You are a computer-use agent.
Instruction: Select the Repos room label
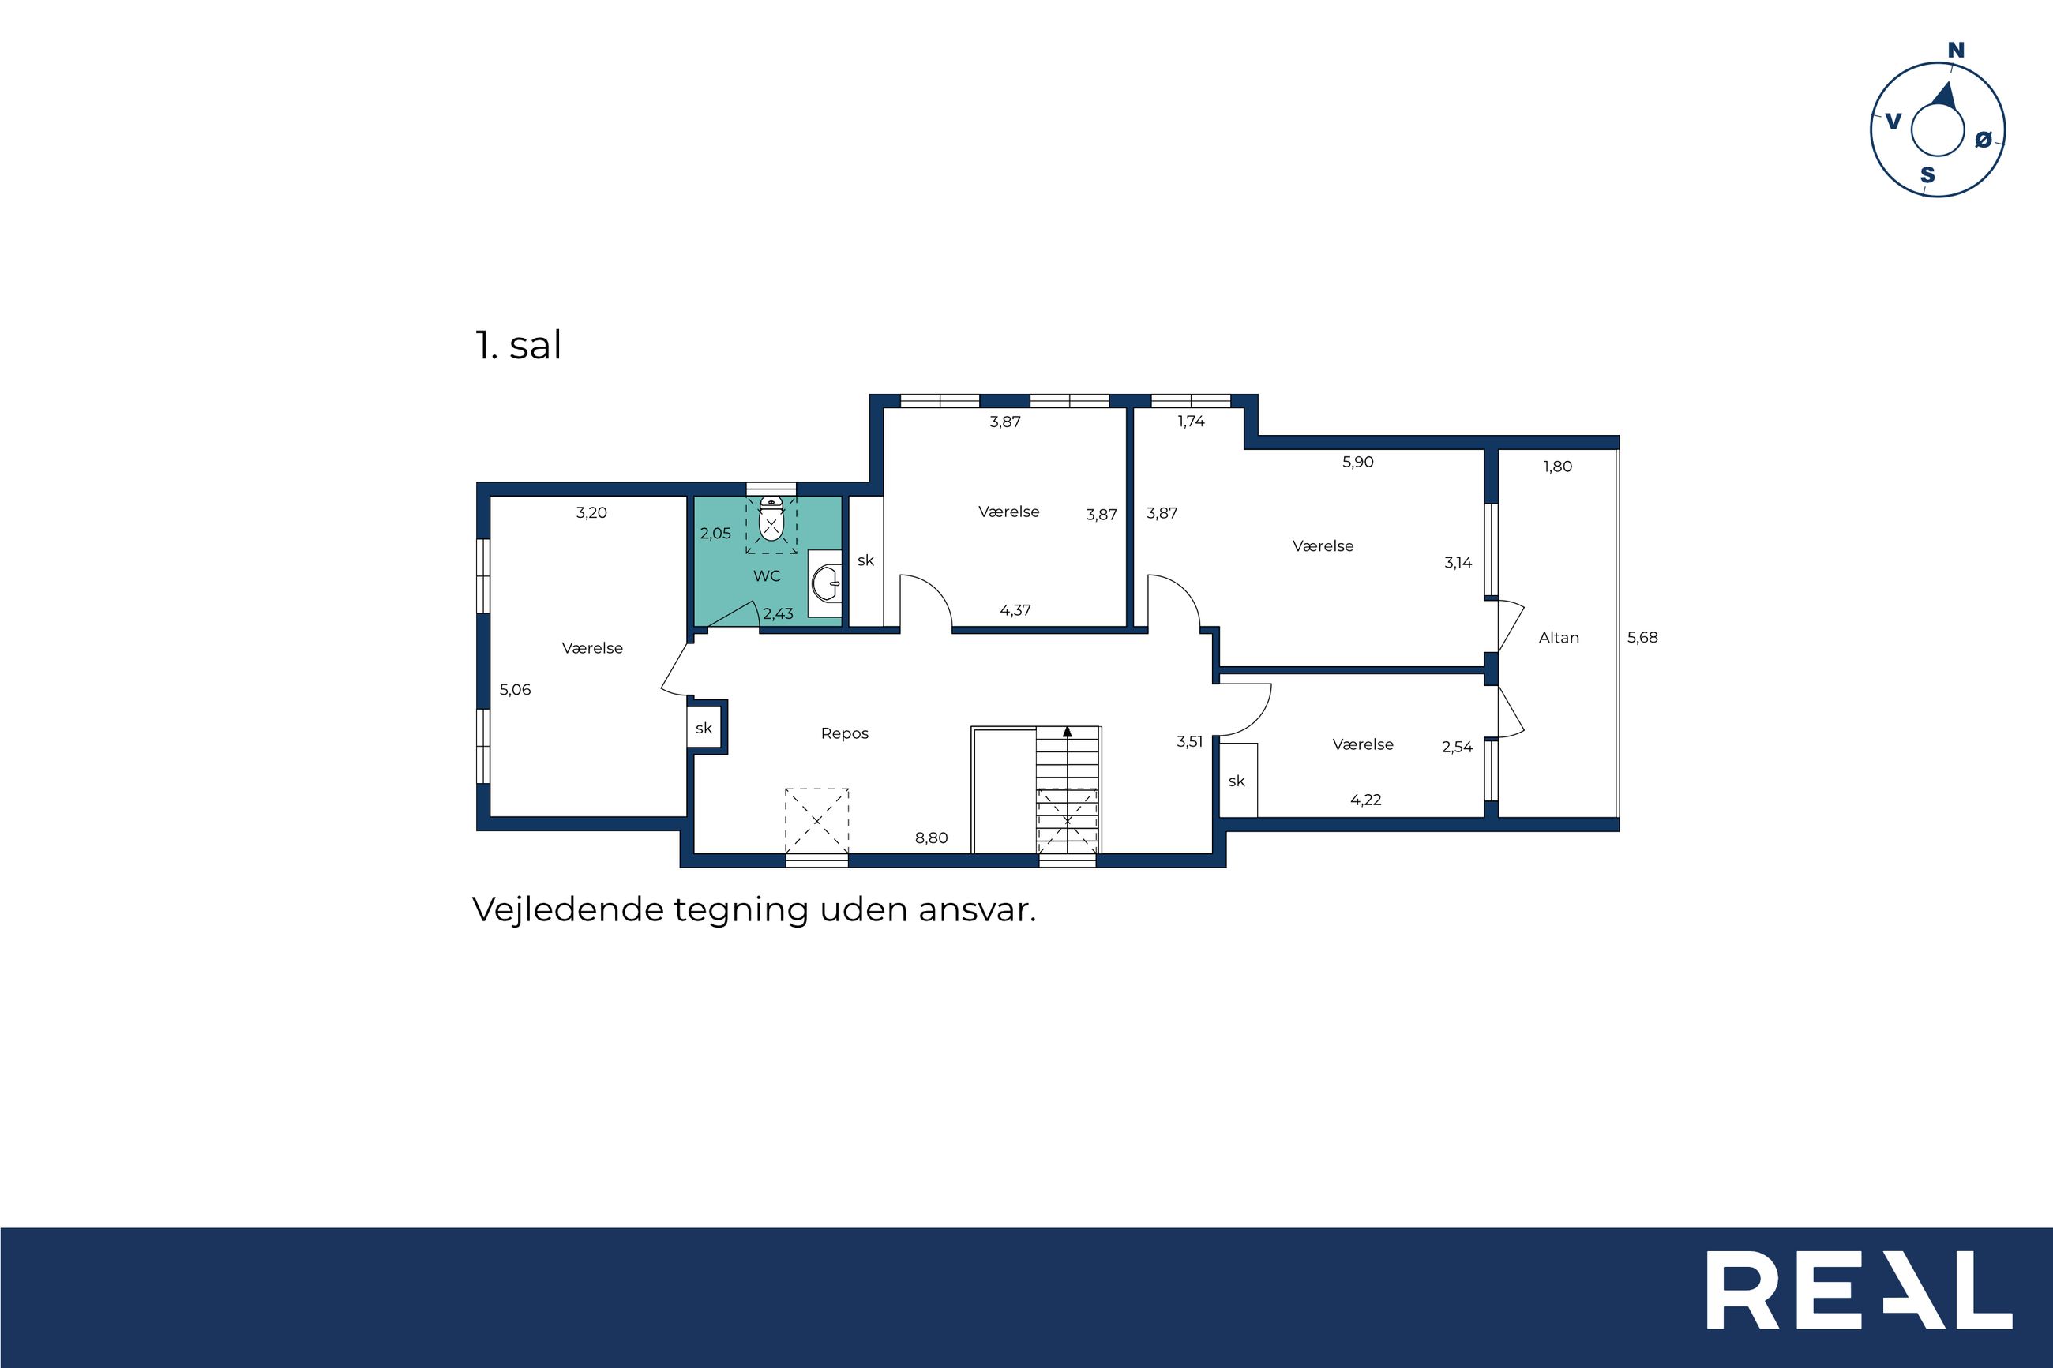pos(845,733)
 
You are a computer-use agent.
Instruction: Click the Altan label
pos(1558,638)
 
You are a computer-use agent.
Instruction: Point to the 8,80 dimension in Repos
pos(931,838)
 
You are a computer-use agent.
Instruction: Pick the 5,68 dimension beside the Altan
pos(1642,638)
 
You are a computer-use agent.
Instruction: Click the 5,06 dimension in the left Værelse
pos(515,690)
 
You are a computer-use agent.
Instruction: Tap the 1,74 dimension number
pos(1191,422)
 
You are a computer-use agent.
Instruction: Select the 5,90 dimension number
pos(1357,463)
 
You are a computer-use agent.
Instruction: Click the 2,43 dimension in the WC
pos(779,614)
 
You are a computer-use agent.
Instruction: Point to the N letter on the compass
pos(1956,51)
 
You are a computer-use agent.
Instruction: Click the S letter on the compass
pos(1927,175)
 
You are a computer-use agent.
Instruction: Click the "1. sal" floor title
pos(518,346)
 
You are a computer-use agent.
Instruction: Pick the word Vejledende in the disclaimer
pos(569,910)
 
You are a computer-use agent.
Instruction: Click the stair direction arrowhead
pos(1067,732)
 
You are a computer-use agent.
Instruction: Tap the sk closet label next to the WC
pos(865,561)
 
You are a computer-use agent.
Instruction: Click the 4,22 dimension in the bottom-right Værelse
pos(1365,800)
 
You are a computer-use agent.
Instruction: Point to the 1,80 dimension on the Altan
pos(1557,467)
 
